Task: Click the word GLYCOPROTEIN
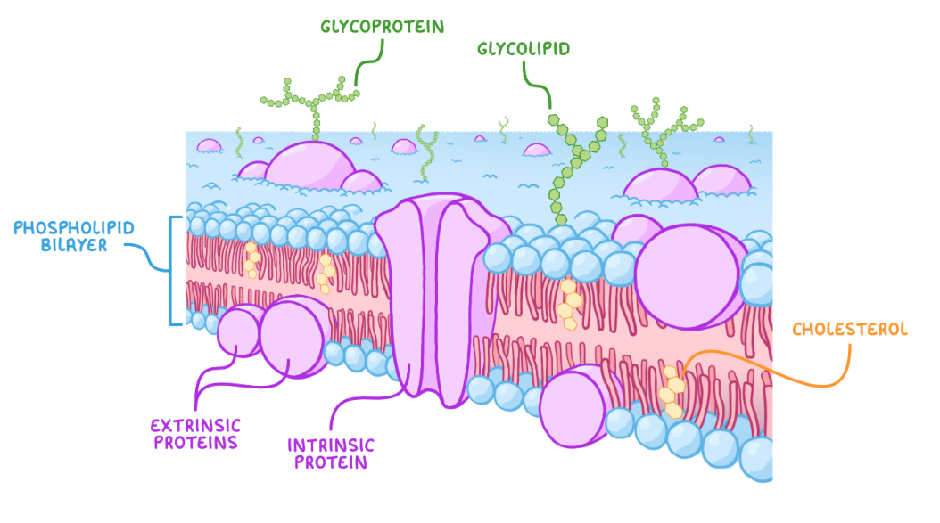coord(382,26)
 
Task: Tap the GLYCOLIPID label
coord(524,47)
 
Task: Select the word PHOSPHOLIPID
coord(74,228)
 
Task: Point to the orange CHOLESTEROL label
coord(849,329)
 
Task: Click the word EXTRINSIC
coord(195,425)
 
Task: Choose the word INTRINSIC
coord(331,445)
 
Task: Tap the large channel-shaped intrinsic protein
coord(428,294)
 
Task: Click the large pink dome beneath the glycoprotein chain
coord(309,165)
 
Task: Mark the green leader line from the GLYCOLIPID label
coord(535,85)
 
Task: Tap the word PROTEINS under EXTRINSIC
coord(195,442)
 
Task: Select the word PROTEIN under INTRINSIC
coord(331,462)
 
